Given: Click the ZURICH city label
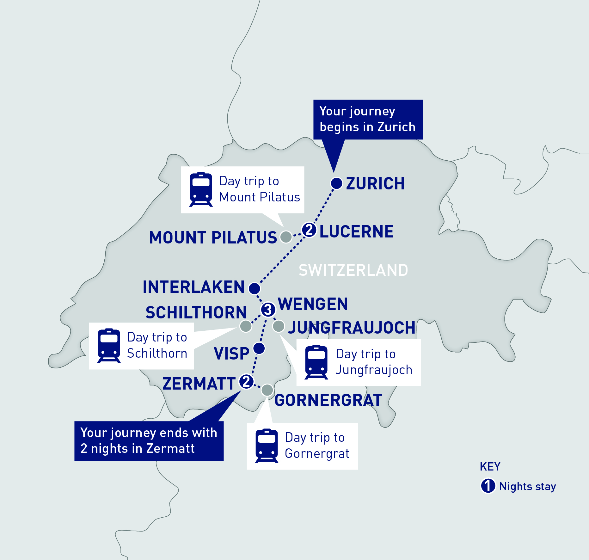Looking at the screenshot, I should click(375, 184).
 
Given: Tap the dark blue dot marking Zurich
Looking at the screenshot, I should click(336, 183).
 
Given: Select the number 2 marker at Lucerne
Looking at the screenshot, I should click(309, 230).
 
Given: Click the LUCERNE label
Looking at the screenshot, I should click(356, 231).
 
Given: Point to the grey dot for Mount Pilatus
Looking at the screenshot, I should click(286, 237).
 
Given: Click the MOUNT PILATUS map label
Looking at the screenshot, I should click(213, 237).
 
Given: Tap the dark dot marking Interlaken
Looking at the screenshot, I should click(254, 288).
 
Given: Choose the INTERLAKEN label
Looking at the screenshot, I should click(193, 287).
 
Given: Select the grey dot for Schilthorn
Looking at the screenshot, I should click(246, 326).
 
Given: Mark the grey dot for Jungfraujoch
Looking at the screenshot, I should click(279, 326).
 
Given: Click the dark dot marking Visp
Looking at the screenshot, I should click(259, 348).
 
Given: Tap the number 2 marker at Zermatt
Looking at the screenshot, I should click(246, 381).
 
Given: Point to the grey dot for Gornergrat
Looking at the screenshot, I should click(267, 390).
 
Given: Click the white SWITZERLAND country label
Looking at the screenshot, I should click(353, 270).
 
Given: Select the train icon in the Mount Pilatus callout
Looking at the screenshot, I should click(201, 189).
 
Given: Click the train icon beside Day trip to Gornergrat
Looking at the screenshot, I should click(267, 446).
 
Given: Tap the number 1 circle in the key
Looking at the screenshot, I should click(488, 486).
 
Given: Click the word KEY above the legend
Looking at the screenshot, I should click(490, 467).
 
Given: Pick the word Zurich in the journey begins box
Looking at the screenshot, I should click(396, 127).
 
